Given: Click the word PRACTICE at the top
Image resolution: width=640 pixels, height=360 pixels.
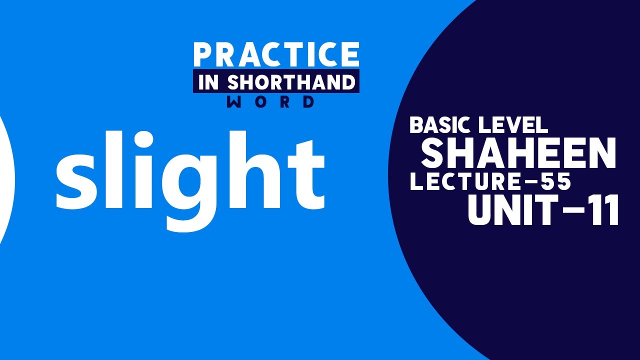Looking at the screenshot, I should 276,54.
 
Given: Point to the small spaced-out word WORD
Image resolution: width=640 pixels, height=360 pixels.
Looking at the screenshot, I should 270,102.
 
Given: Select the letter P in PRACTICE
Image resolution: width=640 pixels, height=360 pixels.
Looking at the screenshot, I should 203,55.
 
